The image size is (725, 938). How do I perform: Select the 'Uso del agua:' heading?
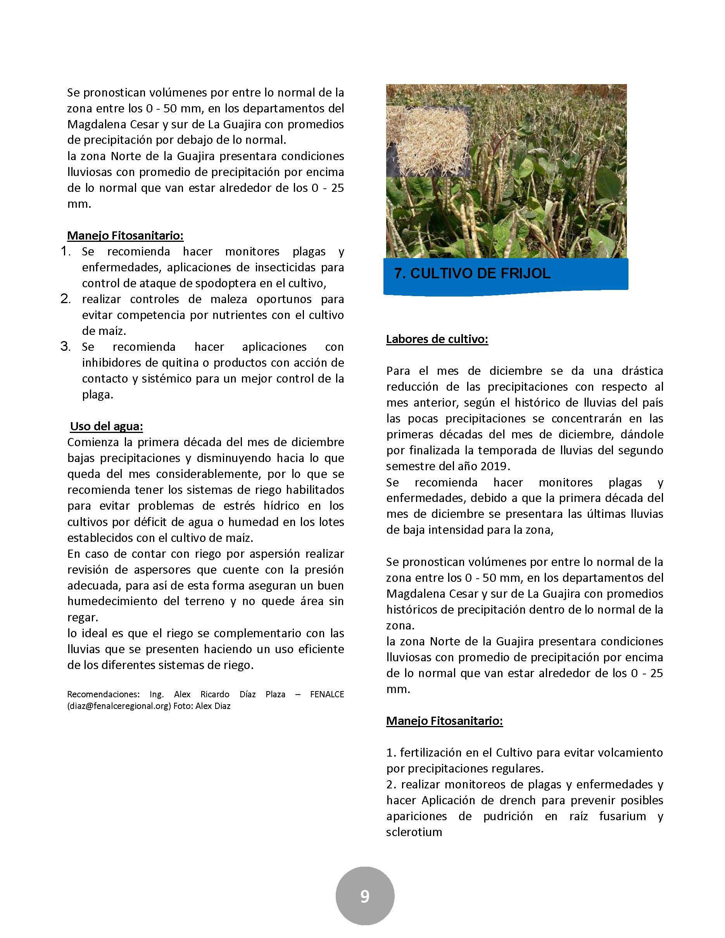tap(107, 426)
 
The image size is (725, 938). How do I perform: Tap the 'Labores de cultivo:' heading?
tap(437, 339)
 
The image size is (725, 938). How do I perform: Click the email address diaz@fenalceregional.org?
tap(119, 706)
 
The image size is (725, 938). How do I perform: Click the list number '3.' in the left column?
tap(65, 346)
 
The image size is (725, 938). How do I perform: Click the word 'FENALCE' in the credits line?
tap(327, 694)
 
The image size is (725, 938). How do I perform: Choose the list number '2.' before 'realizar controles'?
tap(65, 298)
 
